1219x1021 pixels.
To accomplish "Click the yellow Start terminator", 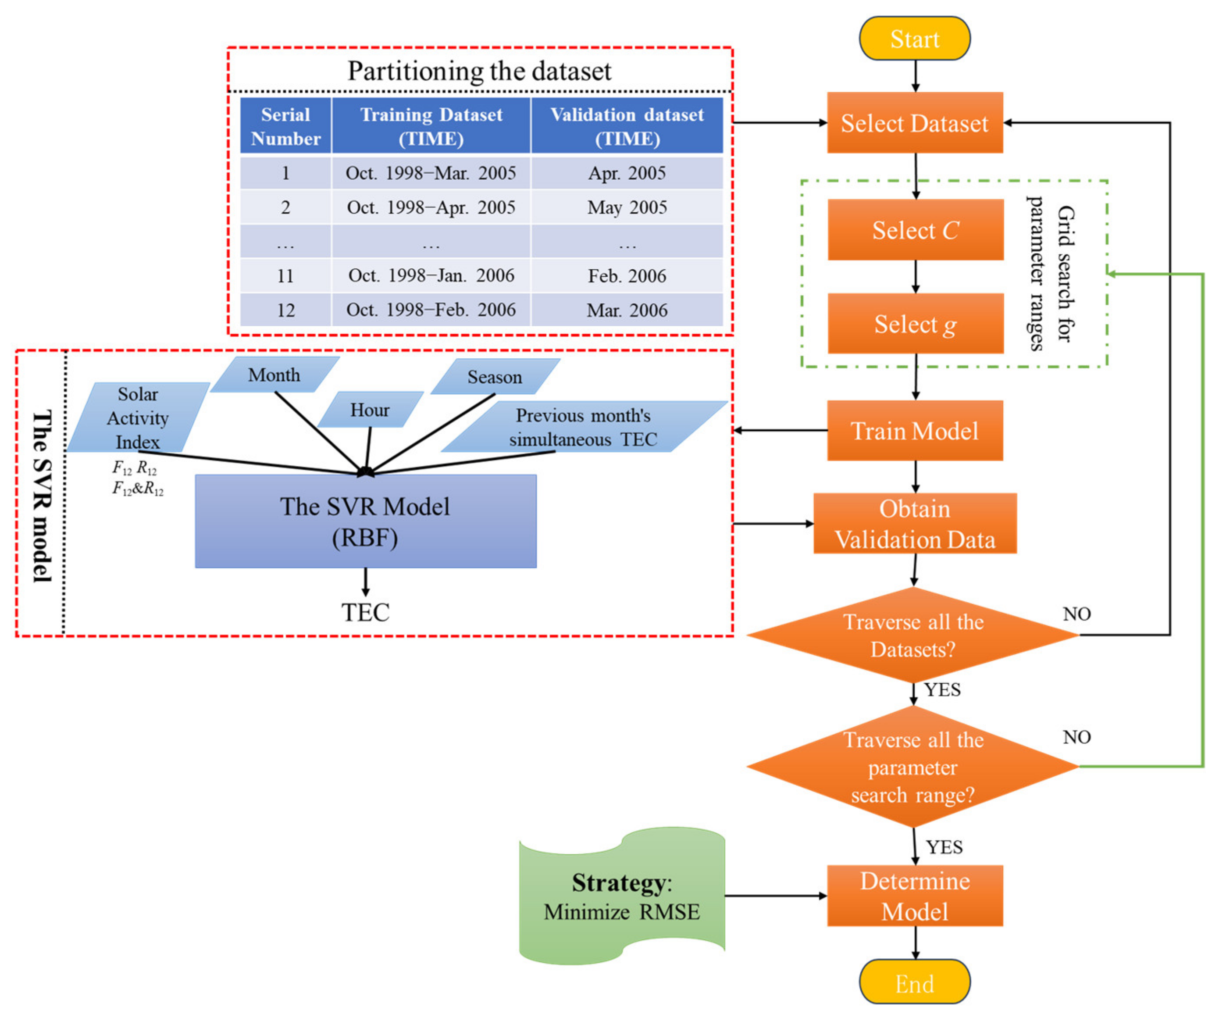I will (x=914, y=38).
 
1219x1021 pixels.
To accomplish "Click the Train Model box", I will (x=915, y=431).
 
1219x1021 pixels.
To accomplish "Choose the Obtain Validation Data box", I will (x=915, y=524).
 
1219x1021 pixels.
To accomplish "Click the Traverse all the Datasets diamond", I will (x=912, y=635).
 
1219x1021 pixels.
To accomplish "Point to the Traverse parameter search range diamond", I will (x=912, y=767).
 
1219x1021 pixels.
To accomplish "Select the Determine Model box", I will (x=915, y=896).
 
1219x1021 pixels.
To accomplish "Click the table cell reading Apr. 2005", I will (x=627, y=173).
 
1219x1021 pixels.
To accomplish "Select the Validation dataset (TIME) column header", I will (x=627, y=126).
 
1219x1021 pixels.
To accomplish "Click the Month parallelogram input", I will (x=274, y=375).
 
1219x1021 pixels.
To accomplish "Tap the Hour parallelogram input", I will (x=370, y=410).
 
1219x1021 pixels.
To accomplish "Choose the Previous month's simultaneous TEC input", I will (x=583, y=427).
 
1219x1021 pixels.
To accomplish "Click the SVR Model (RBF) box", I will (x=365, y=521).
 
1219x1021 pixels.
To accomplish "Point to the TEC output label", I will (x=365, y=612).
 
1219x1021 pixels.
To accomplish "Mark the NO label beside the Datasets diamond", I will (x=1076, y=614).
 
